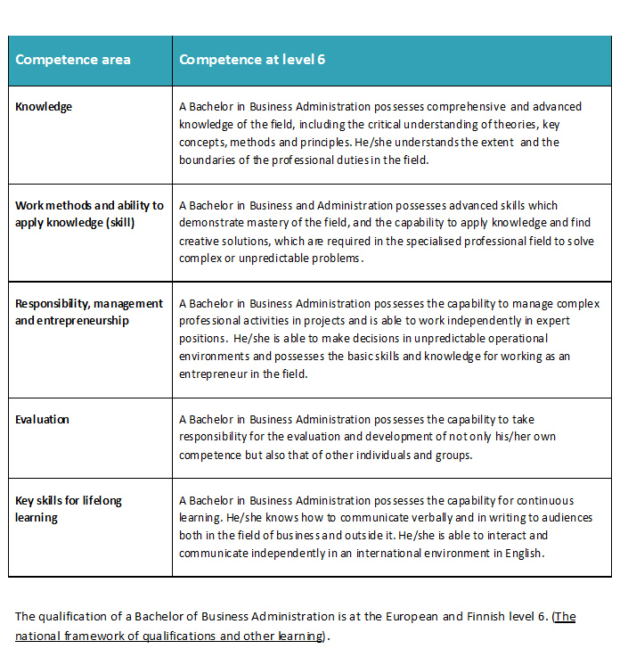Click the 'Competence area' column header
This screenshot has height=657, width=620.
tap(73, 60)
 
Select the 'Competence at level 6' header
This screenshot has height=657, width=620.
tap(252, 60)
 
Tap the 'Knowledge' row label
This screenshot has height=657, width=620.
tap(44, 107)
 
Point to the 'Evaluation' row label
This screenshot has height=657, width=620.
tap(42, 419)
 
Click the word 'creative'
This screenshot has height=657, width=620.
tap(200, 241)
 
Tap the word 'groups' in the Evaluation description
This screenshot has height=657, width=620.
tap(452, 455)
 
